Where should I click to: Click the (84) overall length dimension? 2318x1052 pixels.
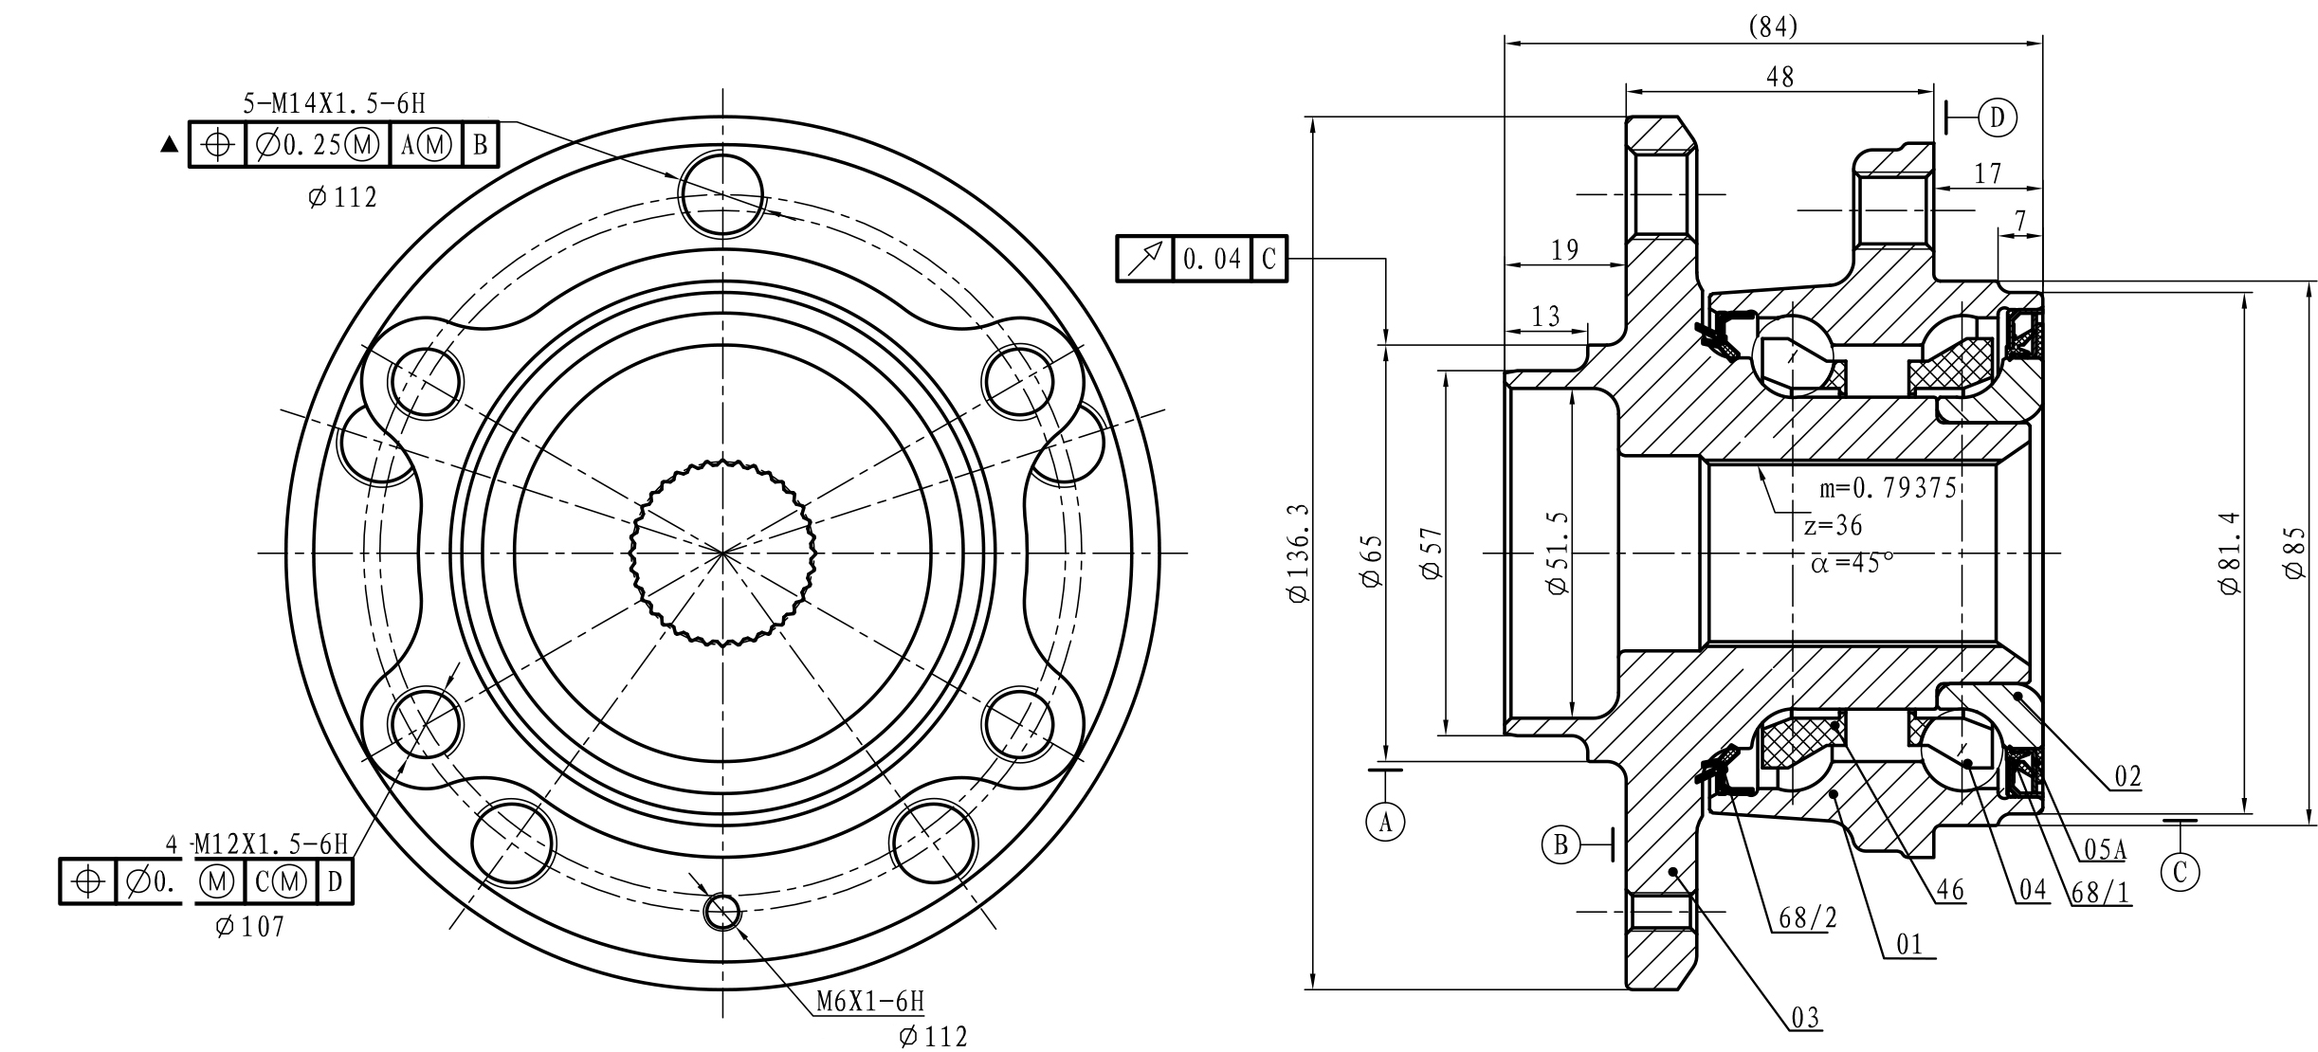pyautogui.click(x=1772, y=27)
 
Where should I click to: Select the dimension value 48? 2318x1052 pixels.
pyautogui.click(x=1780, y=78)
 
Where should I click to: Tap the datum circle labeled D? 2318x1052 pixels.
pyautogui.click(x=1998, y=118)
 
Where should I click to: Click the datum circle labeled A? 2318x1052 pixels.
pyautogui.click(x=1385, y=821)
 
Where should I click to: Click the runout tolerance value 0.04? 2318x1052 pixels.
pyautogui.click(x=1212, y=259)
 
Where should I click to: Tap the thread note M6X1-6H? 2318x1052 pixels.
pyautogui.click(x=869, y=1001)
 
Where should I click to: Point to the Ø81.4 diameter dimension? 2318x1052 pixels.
pyautogui.click(x=2230, y=553)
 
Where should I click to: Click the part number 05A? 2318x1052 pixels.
pyautogui.click(x=2104, y=850)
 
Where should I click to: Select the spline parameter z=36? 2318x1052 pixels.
pyautogui.click(x=1833, y=525)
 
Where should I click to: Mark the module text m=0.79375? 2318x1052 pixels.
pyautogui.click(x=1888, y=489)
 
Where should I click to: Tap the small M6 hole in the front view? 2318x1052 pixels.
pyautogui.click(x=722, y=913)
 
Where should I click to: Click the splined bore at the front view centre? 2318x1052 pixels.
pyautogui.click(x=722, y=552)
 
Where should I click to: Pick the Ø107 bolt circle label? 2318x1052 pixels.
pyautogui.click(x=250, y=927)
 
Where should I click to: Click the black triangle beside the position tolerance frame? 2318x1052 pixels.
pyautogui.click(x=170, y=145)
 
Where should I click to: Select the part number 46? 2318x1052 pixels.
pyautogui.click(x=1950, y=890)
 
